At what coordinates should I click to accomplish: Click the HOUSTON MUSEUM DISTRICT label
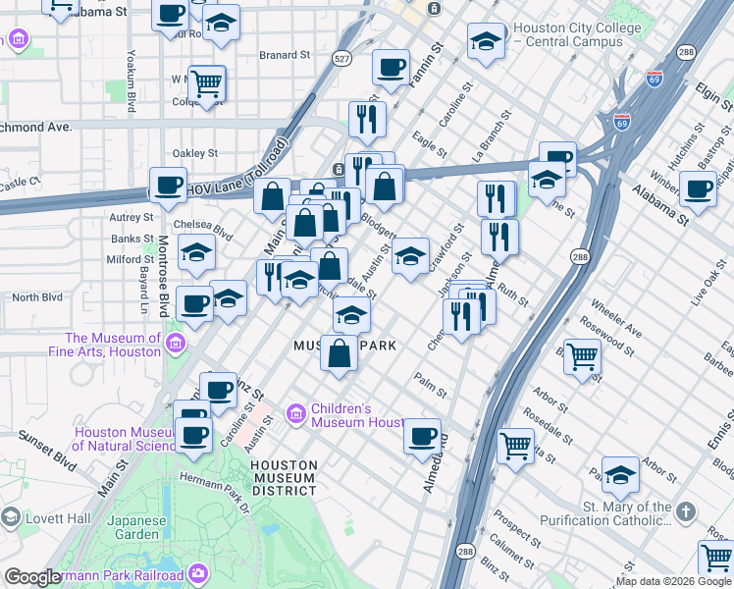pos(283,477)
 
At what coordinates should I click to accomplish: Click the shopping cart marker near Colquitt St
pos(207,83)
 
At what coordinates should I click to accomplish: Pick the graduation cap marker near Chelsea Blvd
pos(196,254)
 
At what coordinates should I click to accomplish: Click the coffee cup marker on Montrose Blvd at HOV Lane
pos(168,185)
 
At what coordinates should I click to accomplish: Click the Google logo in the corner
pos(33,577)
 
